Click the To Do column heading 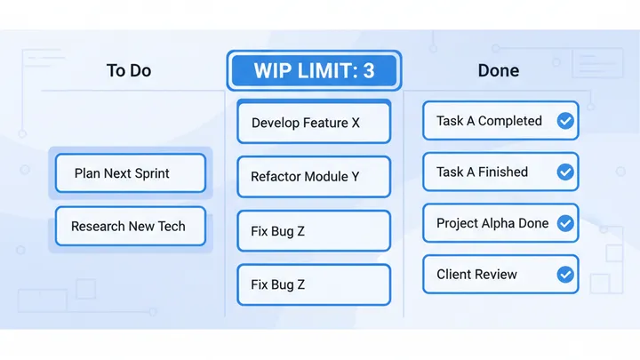coord(129,71)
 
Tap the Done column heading coord(498,71)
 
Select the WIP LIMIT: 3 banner coord(314,71)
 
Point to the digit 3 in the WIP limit coord(368,71)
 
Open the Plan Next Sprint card coord(130,173)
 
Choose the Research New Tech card coord(130,227)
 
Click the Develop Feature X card coord(314,123)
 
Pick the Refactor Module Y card coord(314,176)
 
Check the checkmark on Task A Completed coord(564,121)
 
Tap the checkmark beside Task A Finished coord(564,172)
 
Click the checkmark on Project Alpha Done coord(564,224)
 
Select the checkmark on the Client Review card coord(564,275)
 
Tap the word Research coord(98,227)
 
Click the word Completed coord(510,121)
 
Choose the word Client coord(453,275)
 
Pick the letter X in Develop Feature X coord(355,123)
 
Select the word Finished coord(502,172)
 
